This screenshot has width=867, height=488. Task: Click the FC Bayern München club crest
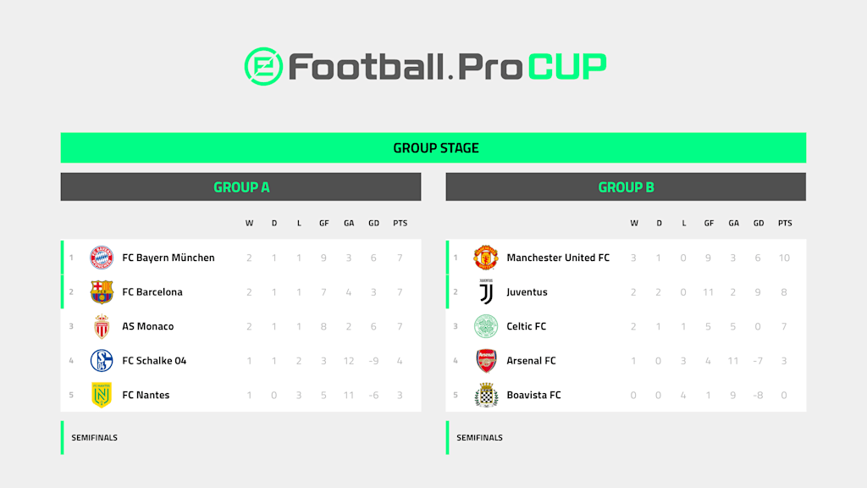tap(102, 258)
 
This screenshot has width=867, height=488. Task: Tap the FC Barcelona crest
tap(102, 292)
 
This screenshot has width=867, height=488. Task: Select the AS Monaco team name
tap(147, 326)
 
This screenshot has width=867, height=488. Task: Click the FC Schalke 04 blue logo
tap(102, 361)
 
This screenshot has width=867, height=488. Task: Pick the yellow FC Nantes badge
tap(102, 395)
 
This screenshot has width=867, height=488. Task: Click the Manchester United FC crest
tap(486, 258)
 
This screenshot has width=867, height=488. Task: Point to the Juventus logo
tap(486, 292)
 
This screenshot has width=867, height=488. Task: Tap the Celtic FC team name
tap(527, 326)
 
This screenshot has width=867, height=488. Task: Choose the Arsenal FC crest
tap(486, 361)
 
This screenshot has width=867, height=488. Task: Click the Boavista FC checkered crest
tap(486, 395)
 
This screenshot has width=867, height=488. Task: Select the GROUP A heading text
tap(241, 187)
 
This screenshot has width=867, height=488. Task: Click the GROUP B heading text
tap(626, 187)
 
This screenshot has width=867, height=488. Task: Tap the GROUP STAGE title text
tap(436, 148)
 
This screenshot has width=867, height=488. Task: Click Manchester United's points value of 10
tap(784, 258)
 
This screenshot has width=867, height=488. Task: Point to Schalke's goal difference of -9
tap(373, 361)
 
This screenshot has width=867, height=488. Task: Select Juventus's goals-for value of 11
tap(709, 292)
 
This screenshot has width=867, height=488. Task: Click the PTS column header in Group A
tap(400, 224)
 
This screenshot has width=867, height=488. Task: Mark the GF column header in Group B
tap(709, 224)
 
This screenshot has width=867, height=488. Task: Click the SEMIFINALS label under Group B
tap(479, 438)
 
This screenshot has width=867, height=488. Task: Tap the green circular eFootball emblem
tap(264, 66)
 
